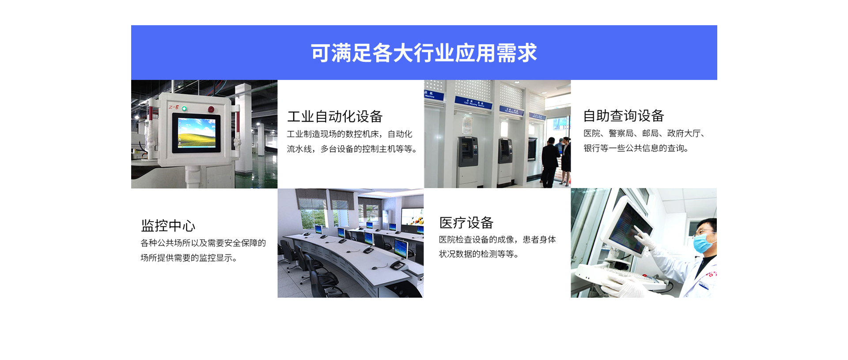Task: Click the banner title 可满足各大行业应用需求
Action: click(x=424, y=53)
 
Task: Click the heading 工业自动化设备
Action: click(x=335, y=117)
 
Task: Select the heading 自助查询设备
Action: click(x=624, y=116)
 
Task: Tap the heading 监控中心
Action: click(x=168, y=226)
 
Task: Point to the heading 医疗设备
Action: click(x=466, y=223)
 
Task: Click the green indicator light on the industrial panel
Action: click(x=184, y=108)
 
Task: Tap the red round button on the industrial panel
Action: click(x=211, y=109)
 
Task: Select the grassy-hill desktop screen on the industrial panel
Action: click(x=197, y=133)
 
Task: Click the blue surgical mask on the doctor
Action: click(x=703, y=243)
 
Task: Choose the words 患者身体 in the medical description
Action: click(x=539, y=239)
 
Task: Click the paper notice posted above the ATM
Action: click(x=467, y=125)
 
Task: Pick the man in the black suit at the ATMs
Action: click(x=549, y=162)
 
